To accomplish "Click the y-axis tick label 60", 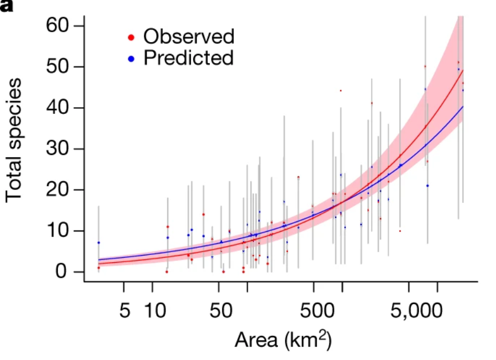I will click(x=59, y=26).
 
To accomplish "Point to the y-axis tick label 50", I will click(x=59, y=67).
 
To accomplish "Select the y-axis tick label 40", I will click(x=59, y=108).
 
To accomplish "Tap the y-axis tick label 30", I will click(x=59, y=149).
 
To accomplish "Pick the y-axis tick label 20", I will click(x=59, y=190).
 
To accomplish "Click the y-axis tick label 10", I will click(x=59, y=231).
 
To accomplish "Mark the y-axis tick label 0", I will click(x=67, y=272).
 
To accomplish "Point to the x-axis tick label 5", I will click(x=126, y=310).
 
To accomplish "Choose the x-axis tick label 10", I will click(x=152, y=310).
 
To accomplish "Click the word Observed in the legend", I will click(x=189, y=37).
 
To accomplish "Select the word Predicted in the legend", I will click(x=188, y=57).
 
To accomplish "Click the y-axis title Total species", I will click(x=15, y=139).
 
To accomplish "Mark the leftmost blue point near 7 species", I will click(x=98, y=243).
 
